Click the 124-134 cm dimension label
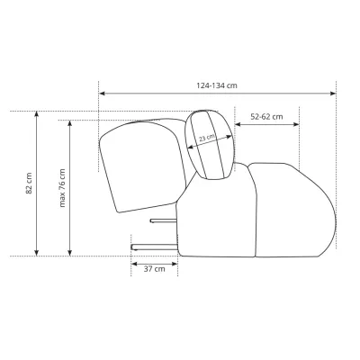[217, 85]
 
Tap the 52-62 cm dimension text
[266, 116]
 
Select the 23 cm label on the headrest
[207, 138]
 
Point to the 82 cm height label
[29, 184]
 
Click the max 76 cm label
[62, 188]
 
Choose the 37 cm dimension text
[154, 269]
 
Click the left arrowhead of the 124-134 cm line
[102, 94]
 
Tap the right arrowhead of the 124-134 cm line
[333, 94]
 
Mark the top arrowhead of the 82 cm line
[37, 114]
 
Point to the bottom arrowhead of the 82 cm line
[37, 253]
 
